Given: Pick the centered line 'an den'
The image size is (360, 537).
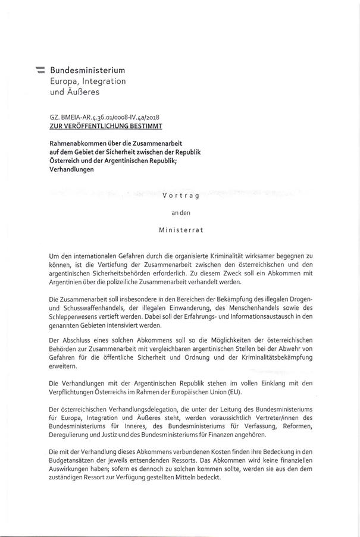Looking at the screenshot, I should pos(181,212).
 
